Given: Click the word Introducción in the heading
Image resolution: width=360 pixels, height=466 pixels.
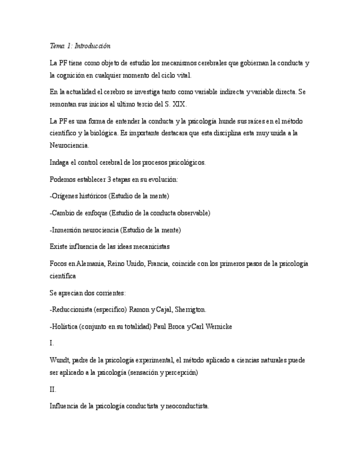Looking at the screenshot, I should pos(93,46).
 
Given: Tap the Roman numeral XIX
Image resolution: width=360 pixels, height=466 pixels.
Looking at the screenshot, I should pos(178,103).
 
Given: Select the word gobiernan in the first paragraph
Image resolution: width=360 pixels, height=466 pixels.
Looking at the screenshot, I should pos(255,63).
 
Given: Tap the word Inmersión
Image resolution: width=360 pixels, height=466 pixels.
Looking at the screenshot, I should pos(68,230).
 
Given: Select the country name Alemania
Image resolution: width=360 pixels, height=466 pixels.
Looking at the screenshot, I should pos(84,264).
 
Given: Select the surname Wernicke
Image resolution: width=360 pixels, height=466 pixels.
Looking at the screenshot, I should pos(218,326).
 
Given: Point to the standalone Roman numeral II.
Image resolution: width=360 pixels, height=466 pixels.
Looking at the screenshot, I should pos(52,390).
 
